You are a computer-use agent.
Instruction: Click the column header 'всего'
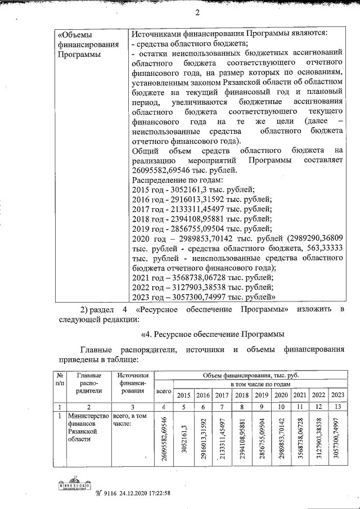coord(163,390)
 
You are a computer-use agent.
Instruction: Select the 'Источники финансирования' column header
coord(133,384)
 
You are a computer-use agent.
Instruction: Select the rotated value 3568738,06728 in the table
coord(302,439)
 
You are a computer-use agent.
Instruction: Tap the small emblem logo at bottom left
coord(73,485)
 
